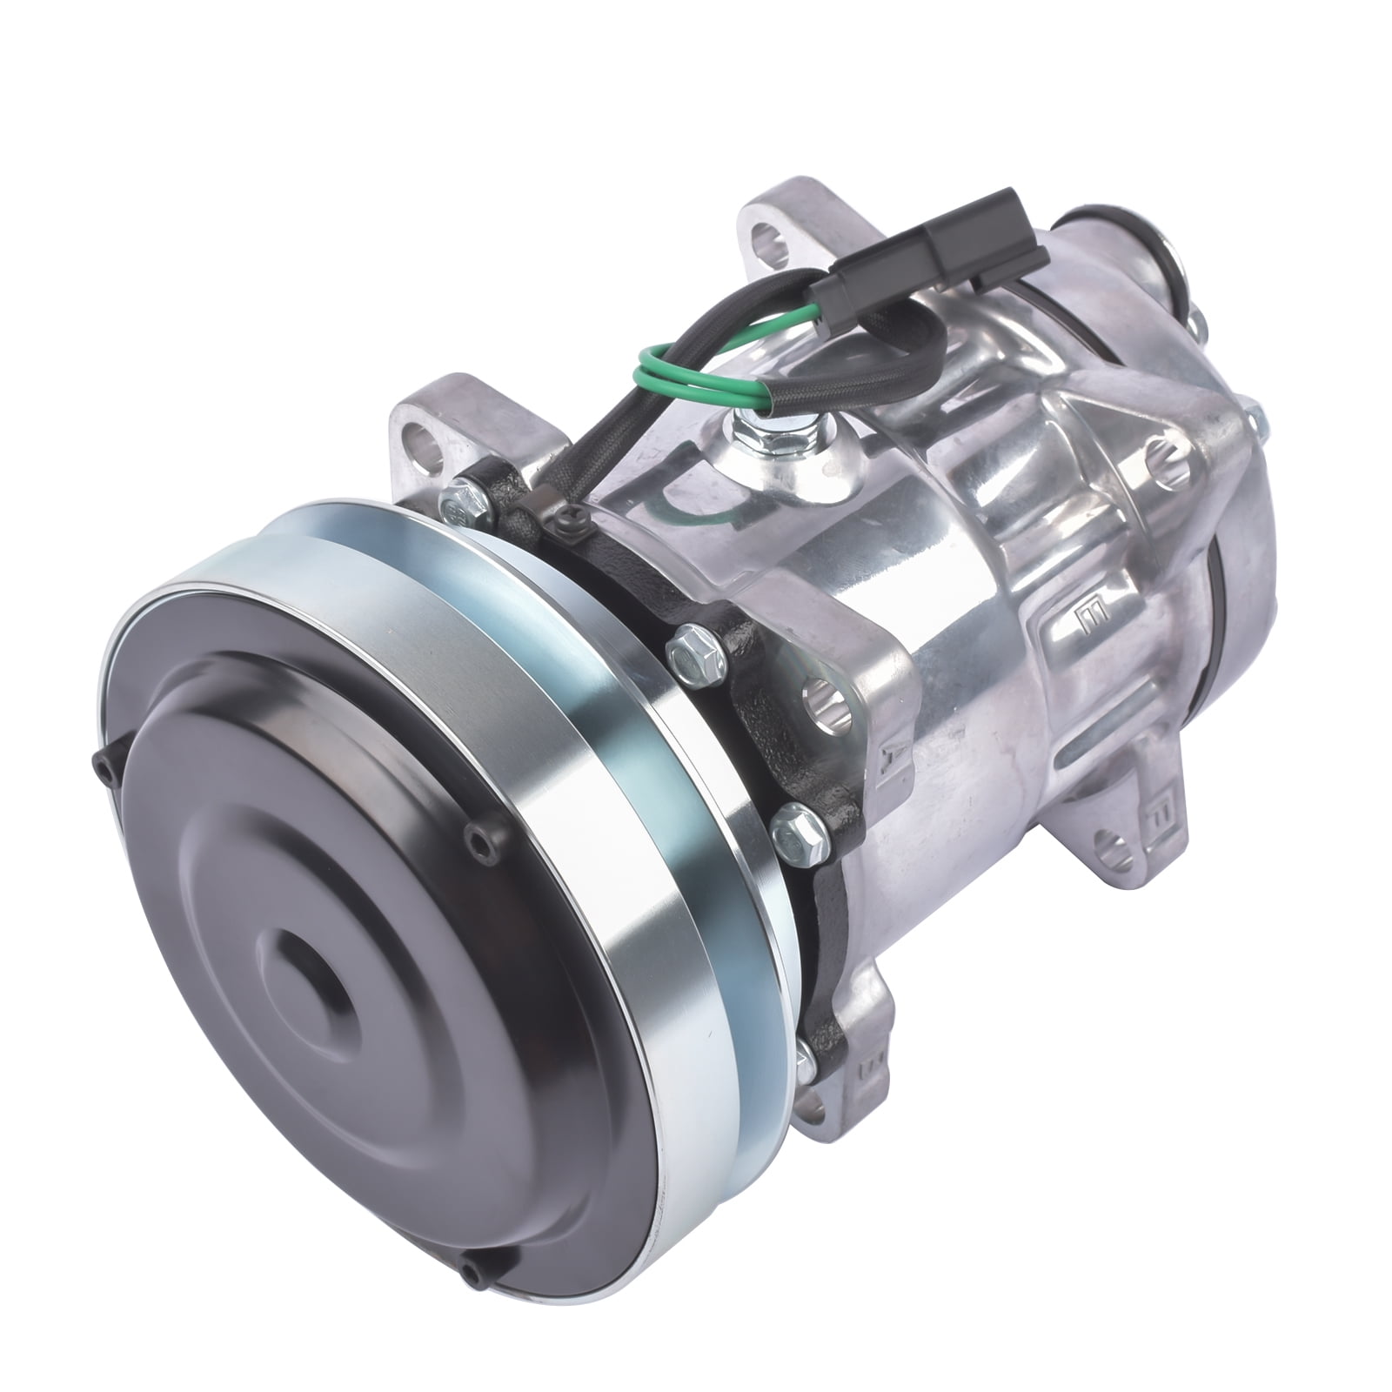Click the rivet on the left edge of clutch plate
pos(97,760)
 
